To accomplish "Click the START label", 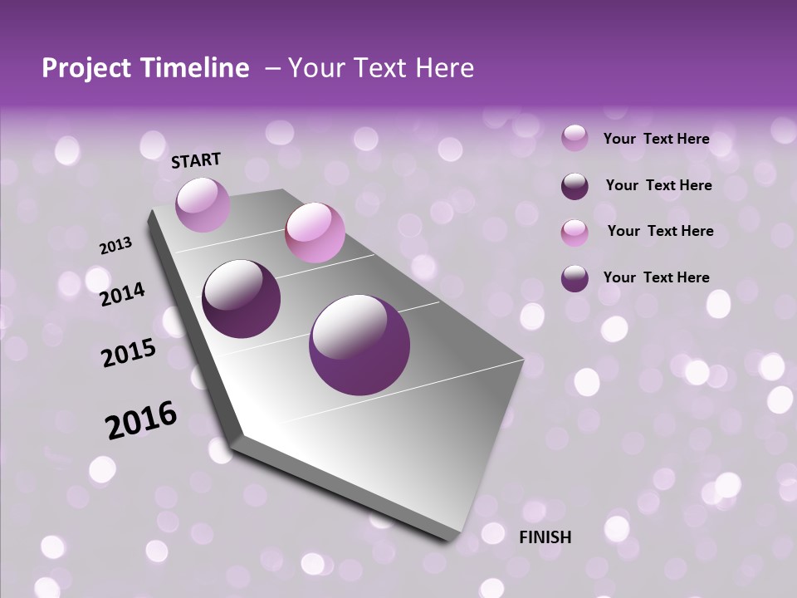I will pyautogui.click(x=196, y=160).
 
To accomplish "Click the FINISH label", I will pyautogui.click(x=545, y=537).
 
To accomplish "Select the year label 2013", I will pyautogui.click(x=115, y=246).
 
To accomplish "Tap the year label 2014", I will pyautogui.click(x=122, y=294).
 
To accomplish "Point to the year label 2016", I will pyautogui.click(x=141, y=420).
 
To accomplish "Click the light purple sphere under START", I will pyautogui.click(x=203, y=204).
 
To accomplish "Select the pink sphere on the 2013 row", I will pyautogui.click(x=315, y=233).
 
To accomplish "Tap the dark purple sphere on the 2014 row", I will pyautogui.click(x=242, y=299).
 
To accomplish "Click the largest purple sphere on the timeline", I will pyautogui.click(x=359, y=345).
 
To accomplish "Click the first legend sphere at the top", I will pyautogui.click(x=575, y=139).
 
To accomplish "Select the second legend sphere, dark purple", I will pyautogui.click(x=575, y=185).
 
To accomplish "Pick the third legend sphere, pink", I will pyautogui.click(x=575, y=232).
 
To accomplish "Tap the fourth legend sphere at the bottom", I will pyautogui.click(x=575, y=277).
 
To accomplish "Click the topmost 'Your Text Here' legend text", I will pyautogui.click(x=656, y=139).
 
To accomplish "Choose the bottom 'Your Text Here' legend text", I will pyautogui.click(x=656, y=277).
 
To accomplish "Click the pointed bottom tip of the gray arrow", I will pyautogui.click(x=452, y=540).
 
